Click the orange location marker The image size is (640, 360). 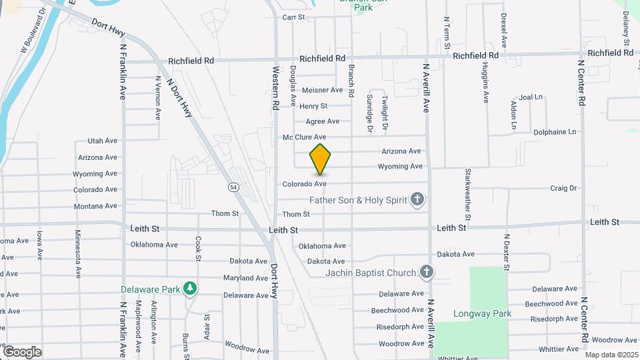(x=320, y=159)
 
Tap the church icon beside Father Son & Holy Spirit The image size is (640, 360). (x=417, y=199)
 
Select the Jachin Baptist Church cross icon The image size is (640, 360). (x=427, y=272)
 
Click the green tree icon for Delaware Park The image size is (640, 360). (x=191, y=289)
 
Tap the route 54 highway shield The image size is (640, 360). (x=233, y=187)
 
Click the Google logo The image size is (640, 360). (x=22, y=351)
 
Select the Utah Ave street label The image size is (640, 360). (x=102, y=141)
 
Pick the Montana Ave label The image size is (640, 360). (x=95, y=206)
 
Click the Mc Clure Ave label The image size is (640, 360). (x=304, y=137)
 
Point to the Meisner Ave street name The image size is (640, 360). (x=322, y=90)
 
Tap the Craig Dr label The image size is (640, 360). (x=563, y=189)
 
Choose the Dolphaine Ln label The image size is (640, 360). (x=554, y=132)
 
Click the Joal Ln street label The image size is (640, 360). (x=531, y=97)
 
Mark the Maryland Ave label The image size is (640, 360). (x=245, y=278)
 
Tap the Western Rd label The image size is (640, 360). (x=275, y=87)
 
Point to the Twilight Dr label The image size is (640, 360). (x=385, y=112)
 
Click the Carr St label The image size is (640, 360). (x=293, y=17)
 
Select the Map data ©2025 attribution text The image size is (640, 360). (x=611, y=355)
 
